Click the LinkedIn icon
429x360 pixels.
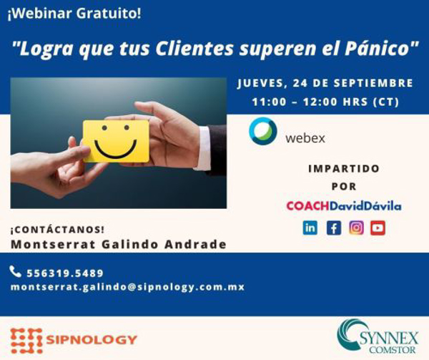(310, 228)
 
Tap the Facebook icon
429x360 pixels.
(333, 228)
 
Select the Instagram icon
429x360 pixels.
(356, 228)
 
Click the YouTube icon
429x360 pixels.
(378, 228)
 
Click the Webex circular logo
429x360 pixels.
(263, 132)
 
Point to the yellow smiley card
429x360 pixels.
(116, 140)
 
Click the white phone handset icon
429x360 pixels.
(16, 271)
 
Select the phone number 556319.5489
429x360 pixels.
(65, 273)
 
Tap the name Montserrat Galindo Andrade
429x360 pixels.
(119, 245)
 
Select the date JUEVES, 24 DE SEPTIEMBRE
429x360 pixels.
(325, 83)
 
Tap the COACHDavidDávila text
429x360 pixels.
(344, 206)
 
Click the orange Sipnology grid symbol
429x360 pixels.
(25, 340)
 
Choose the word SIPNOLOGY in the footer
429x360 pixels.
(90, 340)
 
